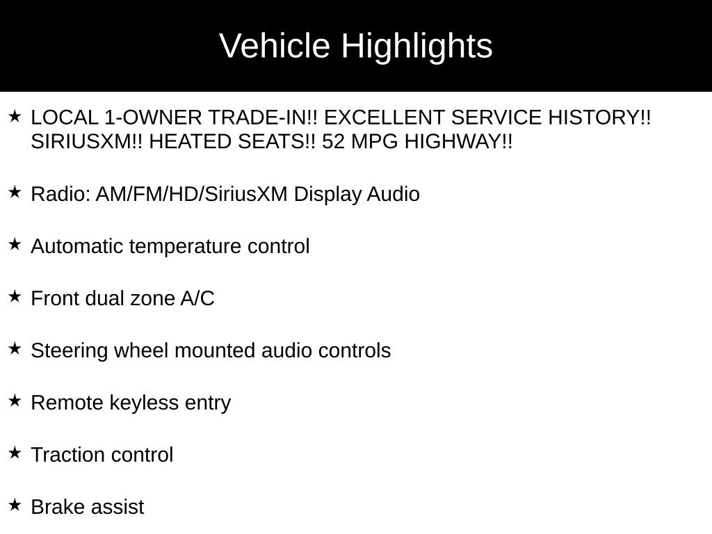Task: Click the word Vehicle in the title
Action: tap(274, 45)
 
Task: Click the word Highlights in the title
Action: tap(417, 47)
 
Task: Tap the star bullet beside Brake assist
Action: tap(15, 505)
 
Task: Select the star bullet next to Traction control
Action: tap(15, 452)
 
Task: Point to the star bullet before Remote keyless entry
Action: tap(15, 400)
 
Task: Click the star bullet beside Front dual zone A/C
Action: tap(15, 296)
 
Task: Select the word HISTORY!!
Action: tap(599, 118)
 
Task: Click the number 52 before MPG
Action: tap(333, 142)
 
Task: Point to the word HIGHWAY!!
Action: tap(459, 142)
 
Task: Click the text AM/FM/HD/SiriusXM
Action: tap(192, 194)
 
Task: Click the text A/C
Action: tap(197, 298)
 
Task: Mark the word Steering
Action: tap(69, 351)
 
